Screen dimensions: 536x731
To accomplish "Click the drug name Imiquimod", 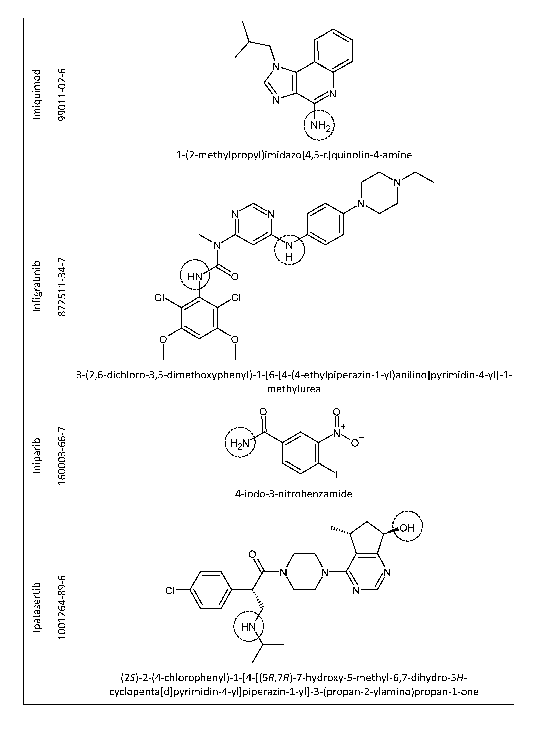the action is [x=37, y=94].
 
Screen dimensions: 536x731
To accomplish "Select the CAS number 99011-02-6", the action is [x=62, y=94].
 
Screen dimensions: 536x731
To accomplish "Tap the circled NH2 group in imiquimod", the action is [x=319, y=125].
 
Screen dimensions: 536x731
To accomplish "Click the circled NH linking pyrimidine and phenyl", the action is [x=290, y=250].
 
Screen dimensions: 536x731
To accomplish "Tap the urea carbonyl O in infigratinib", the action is [x=235, y=277].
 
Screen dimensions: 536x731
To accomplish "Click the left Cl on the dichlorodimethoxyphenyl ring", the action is [x=160, y=297].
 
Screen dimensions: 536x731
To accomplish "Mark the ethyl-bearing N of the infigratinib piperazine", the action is [x=397, y=183].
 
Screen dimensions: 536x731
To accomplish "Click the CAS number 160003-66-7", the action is [x=62, y=456].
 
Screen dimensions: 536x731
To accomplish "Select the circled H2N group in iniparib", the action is [x=240, y=442].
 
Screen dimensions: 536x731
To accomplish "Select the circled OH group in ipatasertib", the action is [x=408, y=528].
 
